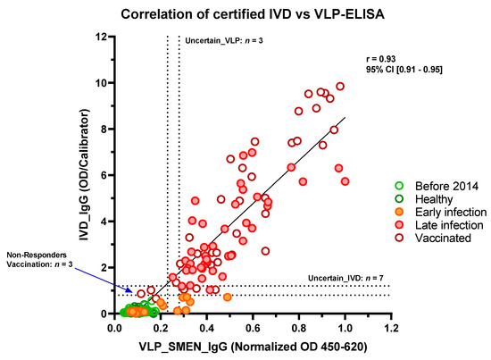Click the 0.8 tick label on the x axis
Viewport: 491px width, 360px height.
pos(298,330)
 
